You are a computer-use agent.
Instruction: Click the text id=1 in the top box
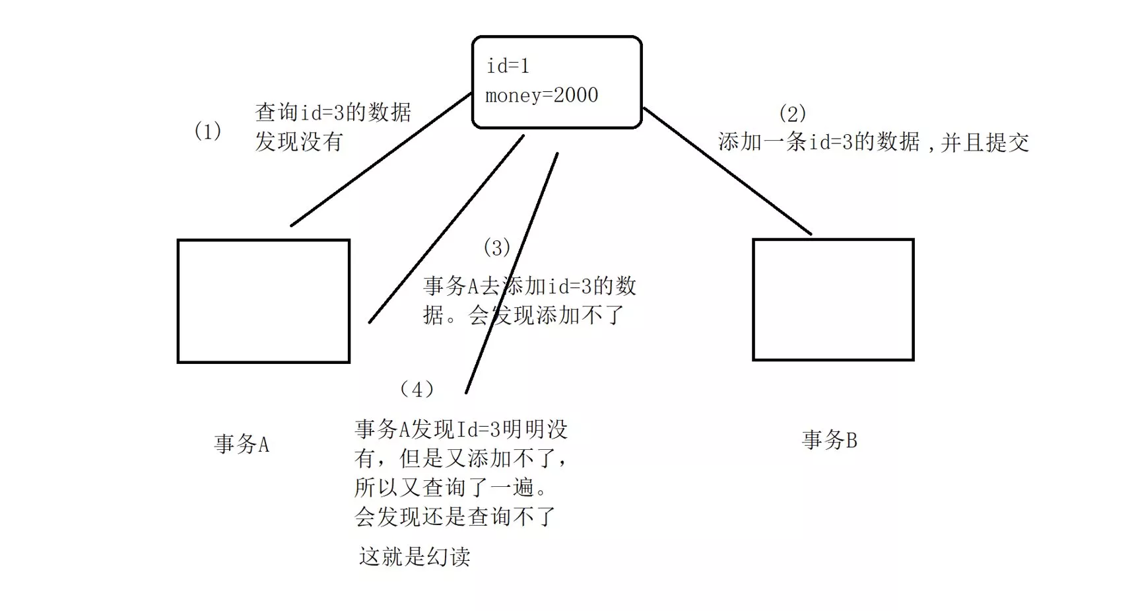(x=508, y=66)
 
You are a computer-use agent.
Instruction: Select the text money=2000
(x=541, y=96)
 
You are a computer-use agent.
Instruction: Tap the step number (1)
(x=207, y=131)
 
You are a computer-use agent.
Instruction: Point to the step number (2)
(x=792, y=114)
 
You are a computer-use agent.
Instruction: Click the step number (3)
(x=496, y=248)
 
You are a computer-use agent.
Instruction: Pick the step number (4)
(x=417, y=390)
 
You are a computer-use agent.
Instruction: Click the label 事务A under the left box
(x=242, y=444)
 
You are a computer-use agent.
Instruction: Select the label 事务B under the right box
(x=829, y=440)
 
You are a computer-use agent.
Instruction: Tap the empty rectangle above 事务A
(x=263, y=301)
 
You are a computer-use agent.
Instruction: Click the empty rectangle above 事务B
(x=833, y=300)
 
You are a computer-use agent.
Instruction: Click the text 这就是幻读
(x=415, y=557)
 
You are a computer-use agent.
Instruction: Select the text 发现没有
(x=299, y=141)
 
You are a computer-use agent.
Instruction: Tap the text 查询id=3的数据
(x=333, y=112)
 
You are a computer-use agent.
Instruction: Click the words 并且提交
(x=985, y=143)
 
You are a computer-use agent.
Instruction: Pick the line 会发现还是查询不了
(x=455, y=517)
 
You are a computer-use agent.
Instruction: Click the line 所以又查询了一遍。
(x=452, y=487)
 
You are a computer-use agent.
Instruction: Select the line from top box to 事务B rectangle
(x=726, y=170)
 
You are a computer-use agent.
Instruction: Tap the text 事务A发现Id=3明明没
(x=461, y=430)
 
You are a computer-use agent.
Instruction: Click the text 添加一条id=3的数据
(x=819, y=142)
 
